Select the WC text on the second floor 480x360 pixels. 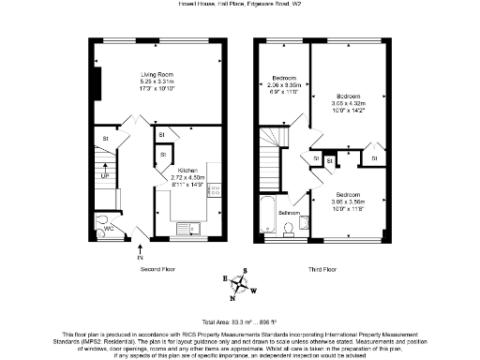tap(108, 226)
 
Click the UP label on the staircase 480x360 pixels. tap(105, 175)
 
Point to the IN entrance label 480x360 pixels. tap(140, 257)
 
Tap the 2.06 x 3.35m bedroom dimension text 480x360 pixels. tap(283, 84)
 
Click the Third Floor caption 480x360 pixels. tap(323, 268)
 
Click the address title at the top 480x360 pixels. tap(240, 5)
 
